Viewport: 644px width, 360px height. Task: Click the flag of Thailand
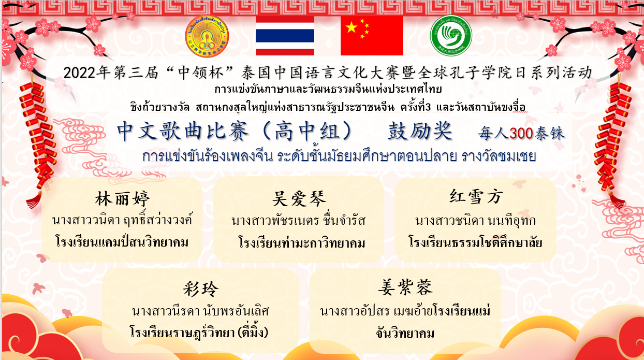(x=285, y=36)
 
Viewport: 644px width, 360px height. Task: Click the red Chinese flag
(x=372, y=36)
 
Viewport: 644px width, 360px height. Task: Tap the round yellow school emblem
(x=207, y=36)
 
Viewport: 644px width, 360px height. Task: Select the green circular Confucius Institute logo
(x=451, y=36)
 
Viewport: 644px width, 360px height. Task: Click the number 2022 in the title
(x=79, y=73)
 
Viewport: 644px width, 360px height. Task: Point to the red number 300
(x=521, y=133)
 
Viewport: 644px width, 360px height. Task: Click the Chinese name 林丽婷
(x=123, y=198)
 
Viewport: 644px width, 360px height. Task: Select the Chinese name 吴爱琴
(x=299, y=198)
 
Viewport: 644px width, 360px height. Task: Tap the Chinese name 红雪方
(x=476, y=196)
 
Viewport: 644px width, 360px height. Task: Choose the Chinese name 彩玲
(x=201, y=289)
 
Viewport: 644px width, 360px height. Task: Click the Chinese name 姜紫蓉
(x=405, y=287)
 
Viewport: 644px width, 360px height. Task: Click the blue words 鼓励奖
(x=420, y=131)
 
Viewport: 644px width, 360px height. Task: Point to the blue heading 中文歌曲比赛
(x=183, y=131)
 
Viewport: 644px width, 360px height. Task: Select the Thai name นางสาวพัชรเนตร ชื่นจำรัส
(x=298, y=221)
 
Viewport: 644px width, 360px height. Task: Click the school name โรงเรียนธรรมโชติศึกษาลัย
(x=475, y=242)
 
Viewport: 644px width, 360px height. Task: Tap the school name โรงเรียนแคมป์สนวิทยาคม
(x=122, y=242)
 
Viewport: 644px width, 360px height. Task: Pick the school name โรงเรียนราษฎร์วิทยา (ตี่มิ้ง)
(x=199, y=333)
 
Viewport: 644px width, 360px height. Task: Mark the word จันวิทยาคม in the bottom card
(x=405, y=334)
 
